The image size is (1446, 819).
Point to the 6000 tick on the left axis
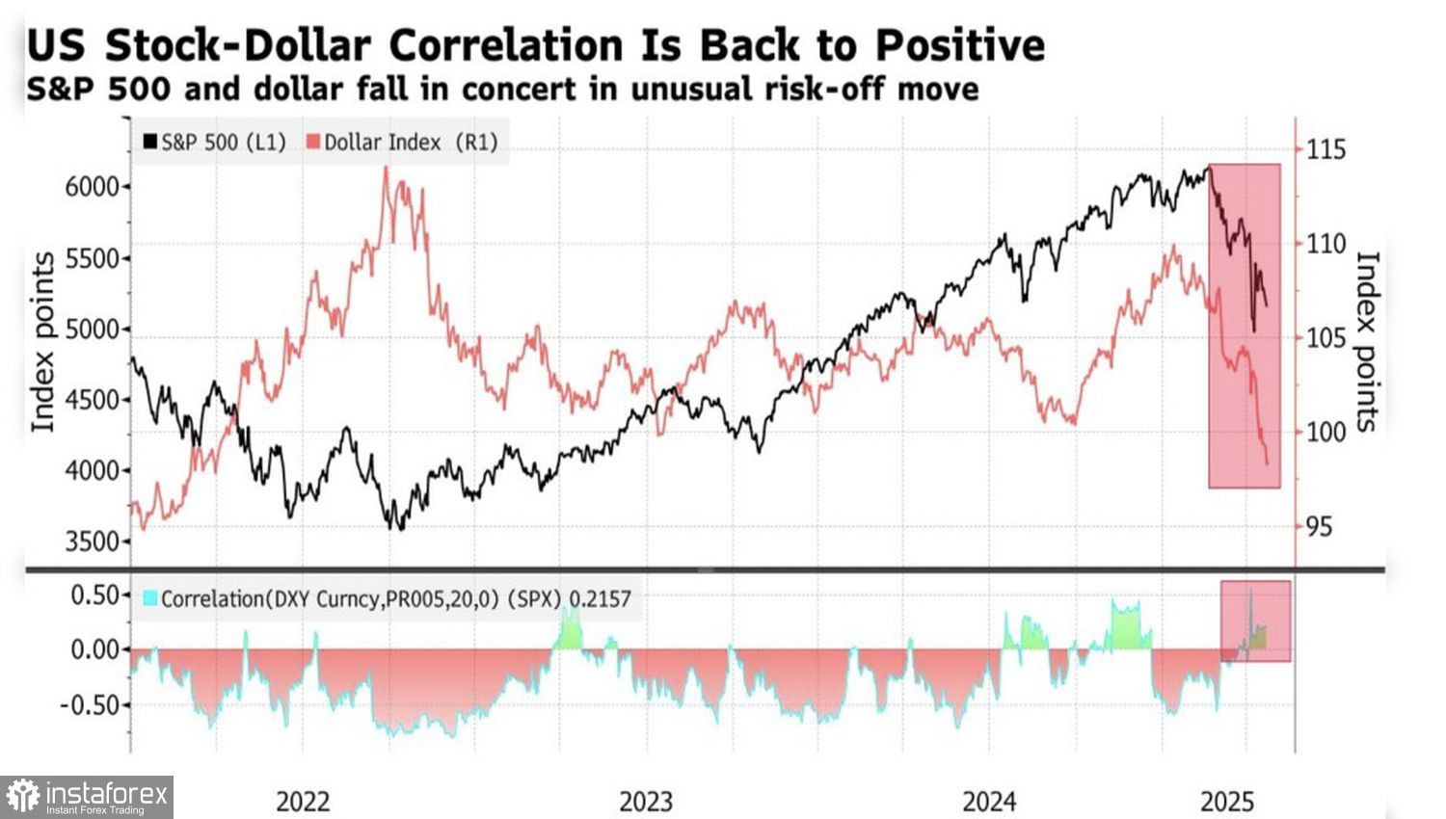point(92,187)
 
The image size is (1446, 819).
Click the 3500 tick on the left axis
point(92,542)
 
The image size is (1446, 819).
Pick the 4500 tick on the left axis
point(92,400)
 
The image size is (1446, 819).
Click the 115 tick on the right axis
point(1326,149)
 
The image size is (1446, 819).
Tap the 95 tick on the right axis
point(1320,526)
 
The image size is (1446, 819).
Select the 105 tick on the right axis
point(1326,338)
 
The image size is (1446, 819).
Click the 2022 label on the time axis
point(303,802)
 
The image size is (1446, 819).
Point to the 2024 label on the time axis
point(989,802)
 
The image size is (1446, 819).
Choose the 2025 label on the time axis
point(1227,802)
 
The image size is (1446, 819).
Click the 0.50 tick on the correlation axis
point(94,594)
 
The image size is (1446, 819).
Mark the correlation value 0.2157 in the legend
point(600,599)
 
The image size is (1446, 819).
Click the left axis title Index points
point(42,342)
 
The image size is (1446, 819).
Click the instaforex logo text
point(106,795)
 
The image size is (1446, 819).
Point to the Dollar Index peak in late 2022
point(387,169)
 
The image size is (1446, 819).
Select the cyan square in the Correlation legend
point(149,598)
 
